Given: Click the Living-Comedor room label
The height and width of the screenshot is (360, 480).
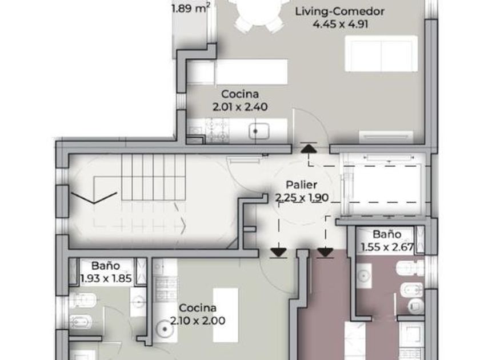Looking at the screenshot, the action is [x=340, y=11].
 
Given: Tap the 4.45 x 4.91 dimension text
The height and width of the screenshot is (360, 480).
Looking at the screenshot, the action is [x=341, y=24].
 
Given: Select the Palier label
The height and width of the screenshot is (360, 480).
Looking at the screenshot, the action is [x=301, y=185].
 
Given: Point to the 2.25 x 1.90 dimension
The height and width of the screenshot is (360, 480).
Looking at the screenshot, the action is [x=302, y=198].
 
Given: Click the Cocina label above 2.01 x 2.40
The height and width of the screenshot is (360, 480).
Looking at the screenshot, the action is [x=240, y=94].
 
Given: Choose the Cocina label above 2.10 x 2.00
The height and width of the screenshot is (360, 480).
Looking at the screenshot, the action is [x=198, y=307].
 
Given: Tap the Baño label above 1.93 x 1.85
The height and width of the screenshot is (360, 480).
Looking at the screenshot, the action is [x=106, y=265].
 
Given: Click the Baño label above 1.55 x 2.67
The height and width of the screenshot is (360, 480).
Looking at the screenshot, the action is [x=387, y=234].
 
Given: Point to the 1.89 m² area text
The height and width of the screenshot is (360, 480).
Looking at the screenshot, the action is [x=191, y=7].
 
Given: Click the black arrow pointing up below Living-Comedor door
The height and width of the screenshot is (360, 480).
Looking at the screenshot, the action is [x=309, y=149].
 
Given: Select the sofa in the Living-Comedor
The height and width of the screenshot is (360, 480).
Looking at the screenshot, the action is [x=382, y=54].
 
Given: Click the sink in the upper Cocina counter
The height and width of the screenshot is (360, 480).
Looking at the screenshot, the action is [x=259, y=131].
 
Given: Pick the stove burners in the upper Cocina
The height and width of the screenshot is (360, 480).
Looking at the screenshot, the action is [x=217, y=131].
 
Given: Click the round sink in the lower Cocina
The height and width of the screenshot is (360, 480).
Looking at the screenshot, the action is [x=165, y=329].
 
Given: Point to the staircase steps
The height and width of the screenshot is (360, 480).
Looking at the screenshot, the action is [x=153, y=177].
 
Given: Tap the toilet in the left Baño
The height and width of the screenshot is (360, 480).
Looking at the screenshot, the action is [x=83, y=300].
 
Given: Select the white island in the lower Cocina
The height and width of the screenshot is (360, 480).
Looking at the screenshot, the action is [x=226, y=315].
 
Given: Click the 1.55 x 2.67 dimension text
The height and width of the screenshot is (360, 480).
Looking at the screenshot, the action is [x=387, y=247].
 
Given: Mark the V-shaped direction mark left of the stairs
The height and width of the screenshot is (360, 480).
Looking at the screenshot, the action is [x=94, y=198].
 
